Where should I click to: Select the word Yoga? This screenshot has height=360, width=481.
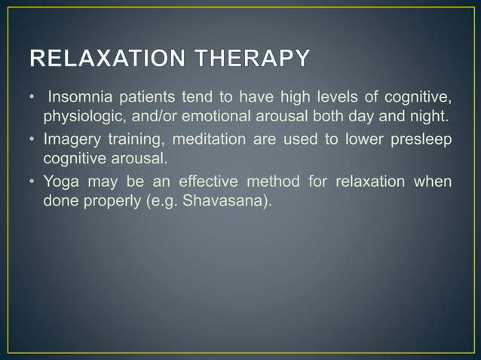(x=61, y=184)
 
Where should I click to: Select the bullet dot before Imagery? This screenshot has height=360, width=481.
(x=33, y=141)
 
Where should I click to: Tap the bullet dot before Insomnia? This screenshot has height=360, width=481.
(x=33, y=98)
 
